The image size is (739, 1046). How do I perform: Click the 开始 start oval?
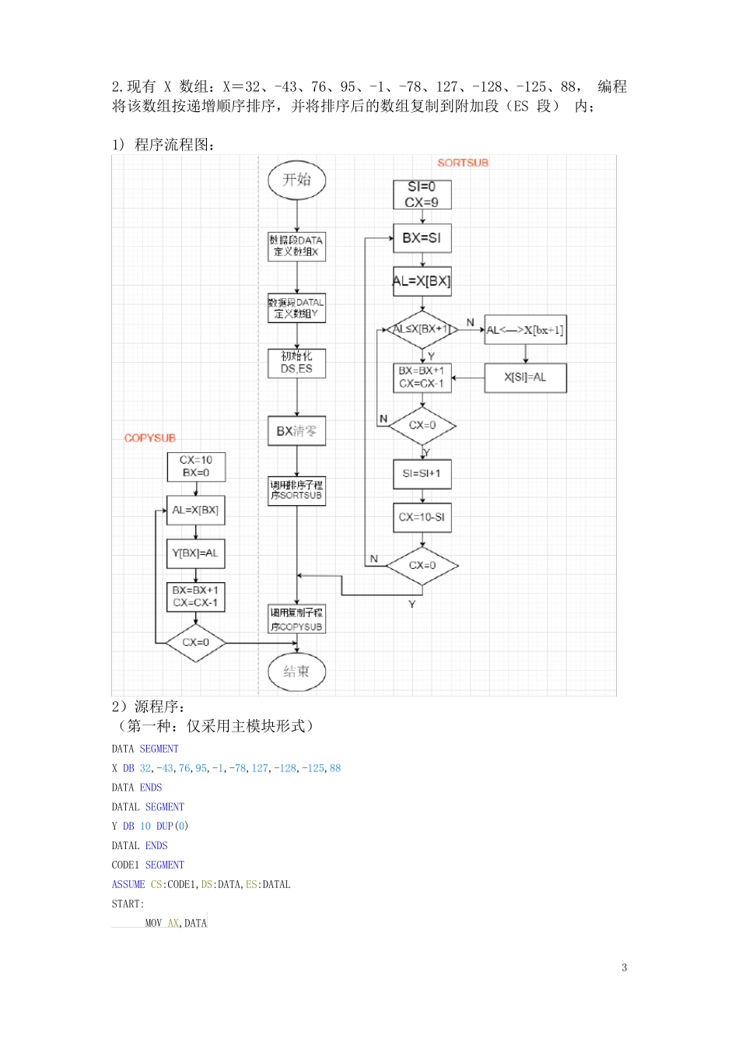coord(296,180)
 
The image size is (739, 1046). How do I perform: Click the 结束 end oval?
coord(296,672)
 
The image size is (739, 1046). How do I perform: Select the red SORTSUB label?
coord(463,163)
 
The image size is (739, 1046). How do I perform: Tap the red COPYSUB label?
coord(150,438)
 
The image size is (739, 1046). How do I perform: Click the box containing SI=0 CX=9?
coord(422,195)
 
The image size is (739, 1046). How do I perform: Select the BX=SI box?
coord(422,238)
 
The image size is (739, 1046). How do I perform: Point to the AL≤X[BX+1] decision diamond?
coord(422,329)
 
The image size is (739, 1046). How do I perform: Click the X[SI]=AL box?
coord(525,377)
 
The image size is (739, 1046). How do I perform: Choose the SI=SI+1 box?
coord(422,473)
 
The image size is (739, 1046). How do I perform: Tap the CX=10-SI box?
coord(422,517)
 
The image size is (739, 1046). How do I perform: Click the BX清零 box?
coord(296,430)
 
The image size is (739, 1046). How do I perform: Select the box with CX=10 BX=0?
coord(195,466)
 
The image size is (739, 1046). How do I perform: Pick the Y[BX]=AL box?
coord(195,553)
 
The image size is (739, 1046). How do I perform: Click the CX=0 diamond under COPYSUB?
coord(195,643)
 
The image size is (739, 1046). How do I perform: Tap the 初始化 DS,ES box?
coord(296,363)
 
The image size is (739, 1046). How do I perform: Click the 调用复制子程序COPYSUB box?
coord(296,620)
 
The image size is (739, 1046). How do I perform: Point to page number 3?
coord(624,967)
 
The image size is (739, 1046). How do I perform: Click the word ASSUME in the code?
coord(128,884)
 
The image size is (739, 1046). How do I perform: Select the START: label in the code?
coord(128,904)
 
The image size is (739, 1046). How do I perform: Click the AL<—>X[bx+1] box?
coord(525,330)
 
